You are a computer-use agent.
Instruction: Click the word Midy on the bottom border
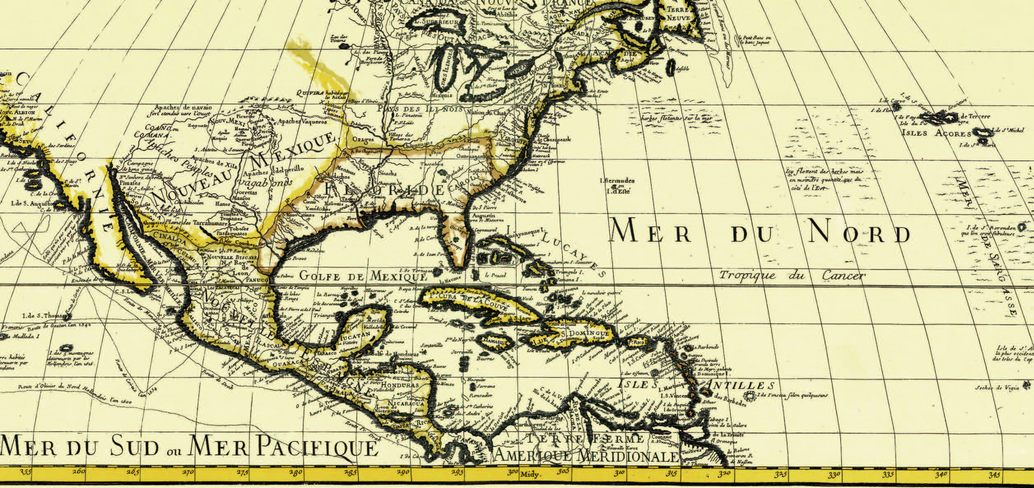(x=529, y=474)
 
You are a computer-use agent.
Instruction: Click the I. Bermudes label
(x=617, y=181)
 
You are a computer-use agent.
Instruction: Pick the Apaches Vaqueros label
(x=302, y=122)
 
